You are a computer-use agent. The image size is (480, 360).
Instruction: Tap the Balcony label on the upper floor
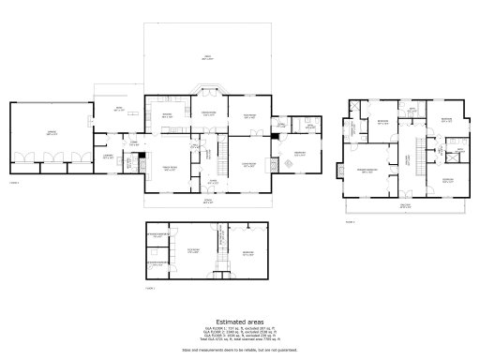coord(405,204)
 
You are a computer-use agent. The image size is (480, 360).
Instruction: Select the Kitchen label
coord(167,115)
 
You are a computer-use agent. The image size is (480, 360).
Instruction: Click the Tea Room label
coord(250,115)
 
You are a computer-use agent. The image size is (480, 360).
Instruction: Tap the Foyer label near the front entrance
coord(213,180)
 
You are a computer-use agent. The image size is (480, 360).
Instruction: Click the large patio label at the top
coord(208,58)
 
